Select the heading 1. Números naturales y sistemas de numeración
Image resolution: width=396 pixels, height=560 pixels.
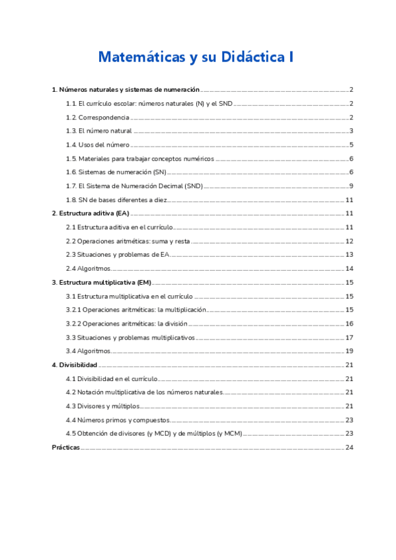coord(126,90)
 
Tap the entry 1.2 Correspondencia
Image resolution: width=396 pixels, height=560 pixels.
coord(97,118)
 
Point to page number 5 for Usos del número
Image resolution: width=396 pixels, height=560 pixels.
coord(352,145)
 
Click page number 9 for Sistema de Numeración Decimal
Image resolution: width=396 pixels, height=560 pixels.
coord(352,186)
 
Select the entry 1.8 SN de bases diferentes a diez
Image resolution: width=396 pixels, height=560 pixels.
coord(116,200)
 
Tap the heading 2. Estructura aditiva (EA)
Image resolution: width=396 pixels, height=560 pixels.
coord(91,214)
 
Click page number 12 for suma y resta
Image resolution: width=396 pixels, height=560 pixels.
coord(350,242)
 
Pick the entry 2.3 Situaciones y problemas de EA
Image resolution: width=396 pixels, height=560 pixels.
coord(118,255)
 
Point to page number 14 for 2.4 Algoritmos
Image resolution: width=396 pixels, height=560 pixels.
coord(350,269)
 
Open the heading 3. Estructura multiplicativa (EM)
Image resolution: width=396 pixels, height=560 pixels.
coord(102,283)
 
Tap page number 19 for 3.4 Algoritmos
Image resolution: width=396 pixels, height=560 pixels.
coord(350,351)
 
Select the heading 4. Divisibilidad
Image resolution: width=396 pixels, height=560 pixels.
coord(75,365)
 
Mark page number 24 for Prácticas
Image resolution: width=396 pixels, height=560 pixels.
coord(350,448)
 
